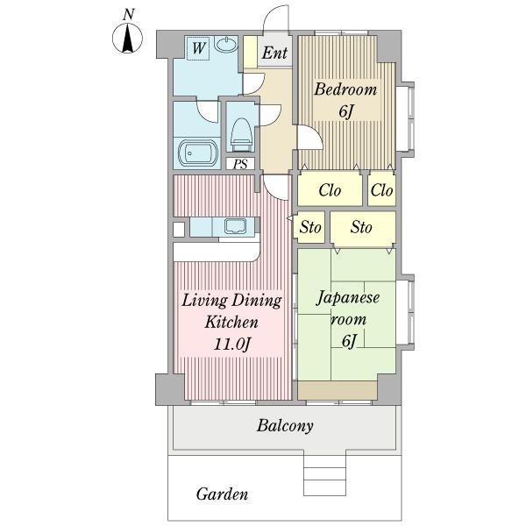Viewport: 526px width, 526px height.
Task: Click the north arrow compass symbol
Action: click(127, 38)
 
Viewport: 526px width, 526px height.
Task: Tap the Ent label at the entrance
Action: click(274, 53)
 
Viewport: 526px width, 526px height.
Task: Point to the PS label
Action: click(240, 164)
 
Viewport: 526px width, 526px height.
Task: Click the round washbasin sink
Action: click(226, 45)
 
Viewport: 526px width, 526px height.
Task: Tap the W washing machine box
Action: click(198, 48)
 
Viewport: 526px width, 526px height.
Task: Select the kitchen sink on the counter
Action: click(235, 226)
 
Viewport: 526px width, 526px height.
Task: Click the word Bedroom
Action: click(345, 89)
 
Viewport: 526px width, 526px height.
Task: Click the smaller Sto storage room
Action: click(310, 227)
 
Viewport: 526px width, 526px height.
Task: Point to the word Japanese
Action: click(348, 297)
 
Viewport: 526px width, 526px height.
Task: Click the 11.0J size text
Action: click(232, 344)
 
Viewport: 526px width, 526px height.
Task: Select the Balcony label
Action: click(285, 426)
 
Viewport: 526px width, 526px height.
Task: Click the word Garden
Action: click(222, 494)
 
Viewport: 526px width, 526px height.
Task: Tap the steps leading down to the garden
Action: click(324, 474)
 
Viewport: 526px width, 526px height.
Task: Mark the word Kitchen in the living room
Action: click(231, 322)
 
